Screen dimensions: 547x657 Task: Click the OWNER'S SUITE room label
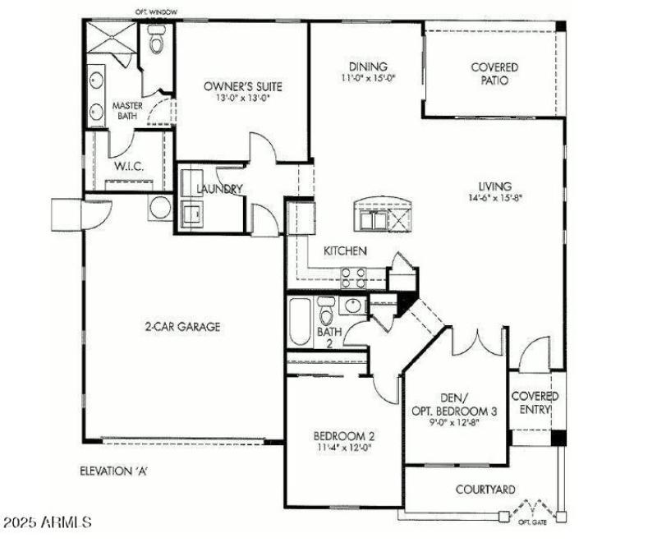pyautogui.click(x=242, y=85)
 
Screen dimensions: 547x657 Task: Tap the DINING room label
pyautogui.click(x=369, y=67)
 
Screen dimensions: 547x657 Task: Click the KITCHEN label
pyautogui.click(x=345, y=251)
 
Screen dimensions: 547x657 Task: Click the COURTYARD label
pyautogui.click(x=485, y=490)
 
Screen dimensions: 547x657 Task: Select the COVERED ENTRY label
pyautogui.click(x=535, y=402)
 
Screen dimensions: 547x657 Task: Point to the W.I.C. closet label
pyautogui.click(x=129, y=167)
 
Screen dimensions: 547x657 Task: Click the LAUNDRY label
pyautogui.click(x=219, y=190)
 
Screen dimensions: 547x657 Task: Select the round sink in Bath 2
pyautogui.click(x=354, y=306)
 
